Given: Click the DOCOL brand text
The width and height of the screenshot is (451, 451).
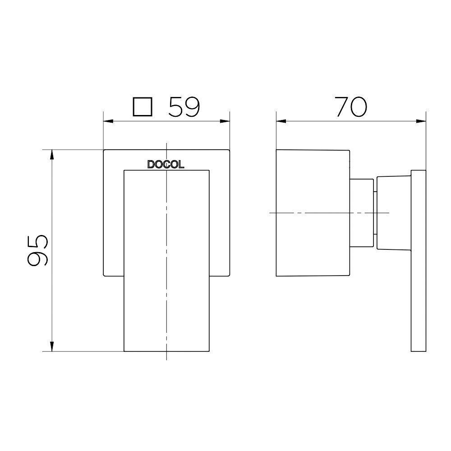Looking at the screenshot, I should (x=166, y=165).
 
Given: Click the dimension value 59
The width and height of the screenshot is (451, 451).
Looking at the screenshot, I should (x=184, y=108).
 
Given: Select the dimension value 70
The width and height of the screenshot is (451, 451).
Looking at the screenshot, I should (x=350, y=108).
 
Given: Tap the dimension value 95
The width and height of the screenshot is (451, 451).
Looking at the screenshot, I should (x=38, y=250).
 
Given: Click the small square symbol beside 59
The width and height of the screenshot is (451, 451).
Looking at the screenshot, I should (x=142, y=108).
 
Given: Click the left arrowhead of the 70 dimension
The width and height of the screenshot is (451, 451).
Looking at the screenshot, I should (x=280, y=121).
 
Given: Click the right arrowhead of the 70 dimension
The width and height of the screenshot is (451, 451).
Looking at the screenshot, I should (x=422, y=121).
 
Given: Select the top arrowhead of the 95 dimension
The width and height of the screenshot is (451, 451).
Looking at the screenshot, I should (x=52, y=154).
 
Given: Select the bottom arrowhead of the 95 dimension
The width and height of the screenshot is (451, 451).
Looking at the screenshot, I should (x=52, y=347).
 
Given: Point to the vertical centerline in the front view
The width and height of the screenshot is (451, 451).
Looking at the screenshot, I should (x=166, y=316).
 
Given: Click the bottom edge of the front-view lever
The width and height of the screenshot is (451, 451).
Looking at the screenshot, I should (x=166, y=351).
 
